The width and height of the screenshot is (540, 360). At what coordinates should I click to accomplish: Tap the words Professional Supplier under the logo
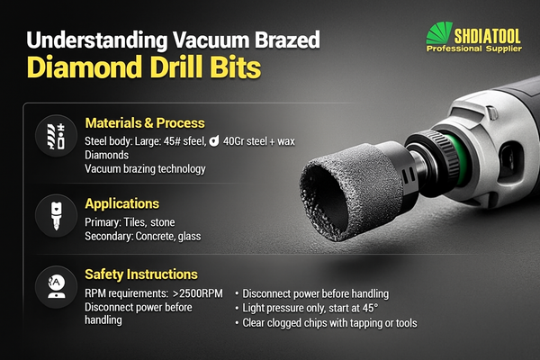click(475, 51)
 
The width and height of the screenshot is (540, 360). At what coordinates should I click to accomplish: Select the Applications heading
click(121, 203)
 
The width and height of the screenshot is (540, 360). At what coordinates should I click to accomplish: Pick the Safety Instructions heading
click(141, 273)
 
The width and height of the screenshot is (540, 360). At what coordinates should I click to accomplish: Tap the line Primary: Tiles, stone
click(130, 222)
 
